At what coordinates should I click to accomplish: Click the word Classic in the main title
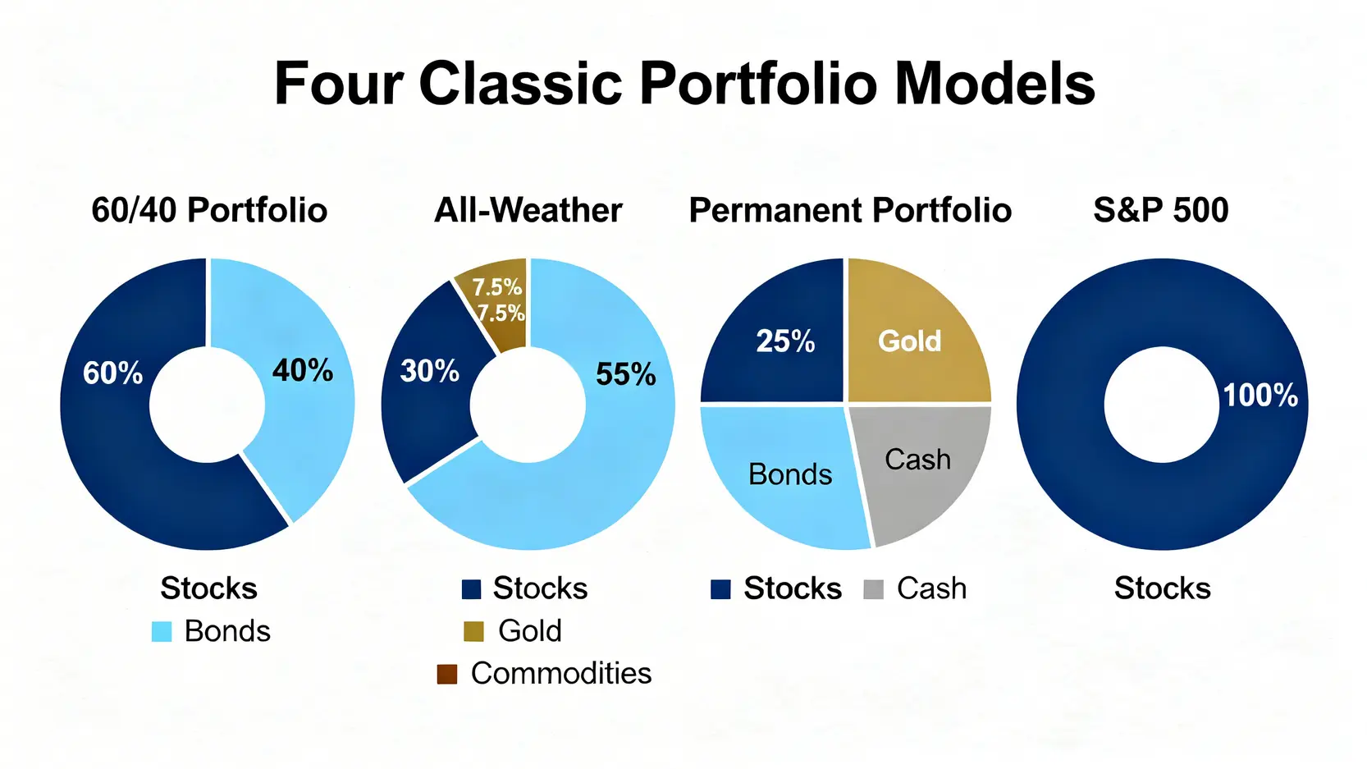(x=520, y=84)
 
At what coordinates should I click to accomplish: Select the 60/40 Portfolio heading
(x=209, y=211)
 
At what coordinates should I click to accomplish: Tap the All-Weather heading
(x=528, y=211)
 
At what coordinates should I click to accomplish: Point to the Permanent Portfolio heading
(x=850, y=211)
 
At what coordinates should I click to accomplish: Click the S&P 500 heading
(x=1161, y=211)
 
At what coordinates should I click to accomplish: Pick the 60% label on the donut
(x=113, y=373)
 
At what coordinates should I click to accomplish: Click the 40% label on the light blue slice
(x=303, y=370)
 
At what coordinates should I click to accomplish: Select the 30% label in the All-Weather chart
(x=430, y=371)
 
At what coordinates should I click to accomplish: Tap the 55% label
(x=625, y=374)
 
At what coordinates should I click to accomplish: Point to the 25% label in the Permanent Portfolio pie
(x=785, y=341)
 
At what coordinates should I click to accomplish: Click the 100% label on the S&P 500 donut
(x=1261, y=396)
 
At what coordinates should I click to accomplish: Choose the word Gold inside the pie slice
(x=909, y=341)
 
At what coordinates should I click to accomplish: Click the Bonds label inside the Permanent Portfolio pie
(x=790, y=475)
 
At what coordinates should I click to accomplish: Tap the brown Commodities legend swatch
(x=447, y=674)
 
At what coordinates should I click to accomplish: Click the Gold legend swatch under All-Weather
(x=473, y=632)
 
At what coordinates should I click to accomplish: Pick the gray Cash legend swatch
(x=874, y=589)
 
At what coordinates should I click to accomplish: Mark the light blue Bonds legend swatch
(x=162, y=632)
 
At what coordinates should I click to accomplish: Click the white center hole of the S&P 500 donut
(x=1161, y=405)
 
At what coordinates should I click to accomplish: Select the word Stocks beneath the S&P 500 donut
(x=1163, y=588)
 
